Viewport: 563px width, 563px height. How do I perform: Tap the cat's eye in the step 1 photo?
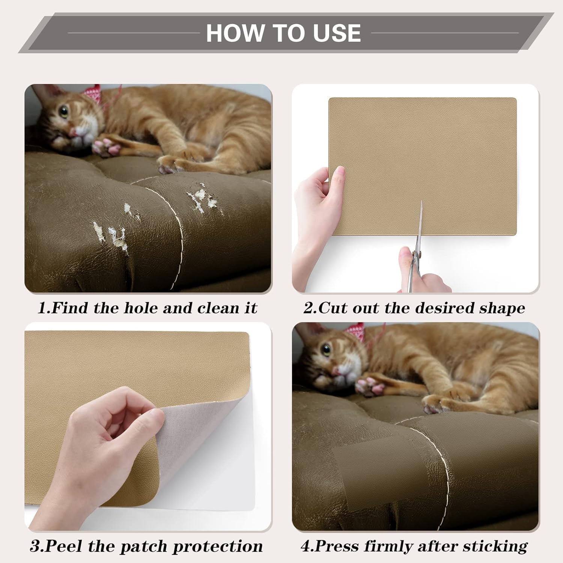click(64, 111)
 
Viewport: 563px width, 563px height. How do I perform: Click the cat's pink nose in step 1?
click(72, 132)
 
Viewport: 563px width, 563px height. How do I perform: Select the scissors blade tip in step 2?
click(421, 203)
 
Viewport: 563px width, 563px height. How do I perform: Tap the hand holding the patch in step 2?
click(317, 210)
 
